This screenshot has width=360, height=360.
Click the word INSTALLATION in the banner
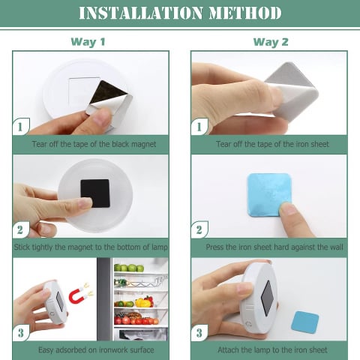click(x=140, y=13)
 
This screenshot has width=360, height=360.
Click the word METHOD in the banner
click(x=245, y=13)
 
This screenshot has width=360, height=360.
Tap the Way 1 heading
click(x=88, y=42)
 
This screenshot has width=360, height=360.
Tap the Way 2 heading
click(x=271, y=42)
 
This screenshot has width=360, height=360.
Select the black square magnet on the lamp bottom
click(x=95, y=193)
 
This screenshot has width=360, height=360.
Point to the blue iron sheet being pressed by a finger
click(x=268, y=195)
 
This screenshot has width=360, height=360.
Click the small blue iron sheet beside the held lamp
click(x=305, y=322)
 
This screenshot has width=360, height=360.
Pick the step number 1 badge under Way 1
click(x=20, y=127)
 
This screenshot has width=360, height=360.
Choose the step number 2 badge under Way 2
click(x=199, y=230)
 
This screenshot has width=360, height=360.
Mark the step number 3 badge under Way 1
click(x=21, y=333)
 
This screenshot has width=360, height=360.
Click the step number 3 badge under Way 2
click(x=199, y=333)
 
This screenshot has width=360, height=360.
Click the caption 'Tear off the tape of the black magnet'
click(x=94, y=144)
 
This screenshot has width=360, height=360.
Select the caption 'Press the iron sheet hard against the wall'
click(x=274, y=247)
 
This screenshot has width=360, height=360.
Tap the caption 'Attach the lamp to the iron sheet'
click(x=272, y=350)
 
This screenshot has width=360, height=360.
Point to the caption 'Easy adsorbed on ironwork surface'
click(x=96, y=350)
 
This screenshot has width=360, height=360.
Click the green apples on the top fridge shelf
click(x=129, y=268)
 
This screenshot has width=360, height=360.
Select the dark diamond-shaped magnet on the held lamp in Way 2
click(x=267, y=298)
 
